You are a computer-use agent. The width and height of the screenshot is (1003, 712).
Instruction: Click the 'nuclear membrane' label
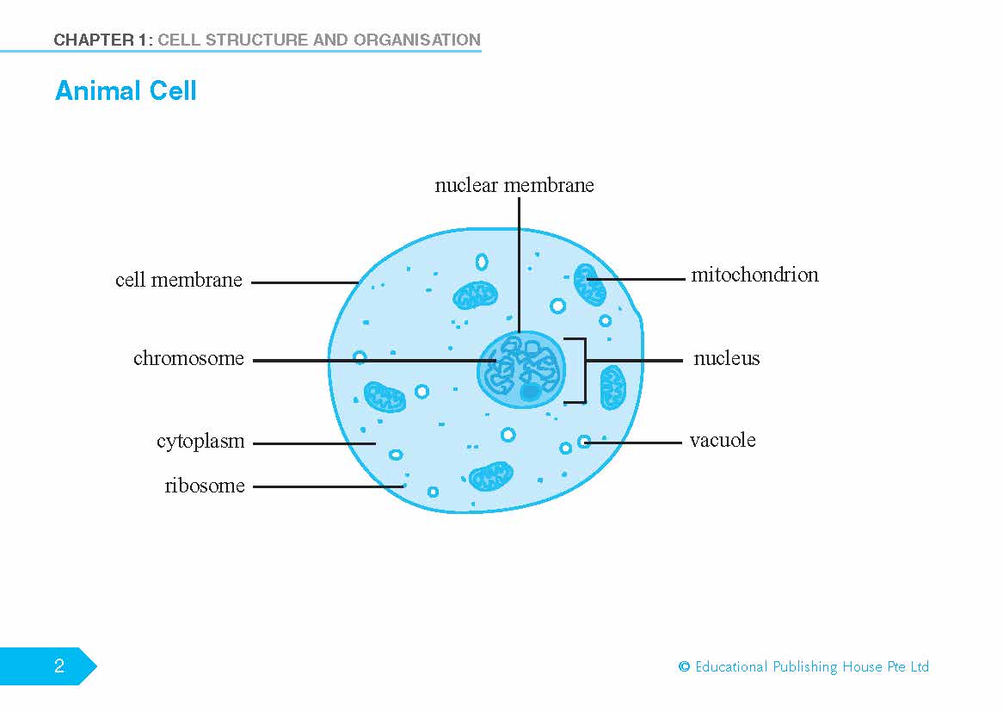(x=514, y=185)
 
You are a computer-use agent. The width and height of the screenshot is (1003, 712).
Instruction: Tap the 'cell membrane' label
(x=179, y=281)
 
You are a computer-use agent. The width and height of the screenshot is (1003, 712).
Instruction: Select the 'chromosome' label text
(x=188, y=359)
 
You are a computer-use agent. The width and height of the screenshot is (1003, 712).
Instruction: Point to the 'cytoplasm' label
(x=200, y=442)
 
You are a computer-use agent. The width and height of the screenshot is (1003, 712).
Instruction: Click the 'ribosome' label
(x=205, y=486)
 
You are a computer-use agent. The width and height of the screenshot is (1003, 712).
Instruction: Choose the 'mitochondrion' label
(x=754, y=276)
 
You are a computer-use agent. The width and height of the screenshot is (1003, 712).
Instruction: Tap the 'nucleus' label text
(x=726, y=359)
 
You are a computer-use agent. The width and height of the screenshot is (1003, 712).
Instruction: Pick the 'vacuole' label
(x=723, y=441)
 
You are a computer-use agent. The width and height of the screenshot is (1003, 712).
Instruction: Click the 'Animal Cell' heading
(x=126, y=90)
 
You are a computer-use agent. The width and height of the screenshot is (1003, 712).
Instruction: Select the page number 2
(x=58, y=666)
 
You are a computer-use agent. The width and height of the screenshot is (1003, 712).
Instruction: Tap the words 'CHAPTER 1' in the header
(x=98, y=40)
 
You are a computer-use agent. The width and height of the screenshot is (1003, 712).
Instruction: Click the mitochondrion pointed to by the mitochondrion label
(x=590, y=285)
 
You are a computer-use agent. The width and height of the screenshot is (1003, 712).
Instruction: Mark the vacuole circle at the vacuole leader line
(x=584, y=442)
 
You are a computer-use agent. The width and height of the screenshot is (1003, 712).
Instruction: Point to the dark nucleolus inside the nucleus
(x=530, y=392)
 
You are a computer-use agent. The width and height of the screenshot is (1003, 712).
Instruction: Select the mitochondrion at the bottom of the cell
(x=491, y=475)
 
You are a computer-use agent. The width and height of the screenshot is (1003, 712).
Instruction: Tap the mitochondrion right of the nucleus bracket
(x=612, y=387)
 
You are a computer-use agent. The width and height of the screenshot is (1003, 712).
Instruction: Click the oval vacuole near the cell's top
(x=482, y=261)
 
